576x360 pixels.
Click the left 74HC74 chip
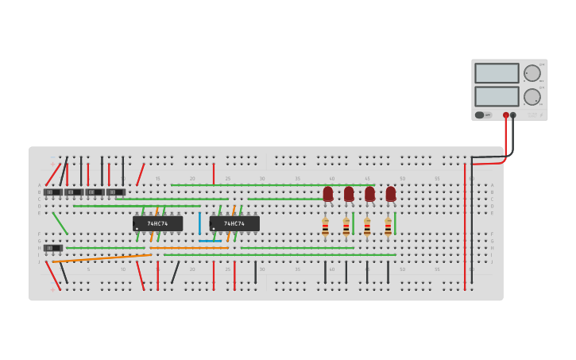tap(157, 223)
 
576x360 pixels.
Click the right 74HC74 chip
tap(234, 223)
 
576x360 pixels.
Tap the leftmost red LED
tap(327, 193)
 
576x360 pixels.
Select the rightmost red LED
tap(390, 193)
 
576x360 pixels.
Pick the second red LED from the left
tap(349, 193)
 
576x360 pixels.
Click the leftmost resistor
tap(325, 226)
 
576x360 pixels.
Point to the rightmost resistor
tap(388, 226)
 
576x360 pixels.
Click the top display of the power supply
tap(497, 73)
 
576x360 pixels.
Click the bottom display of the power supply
tap(497, 96)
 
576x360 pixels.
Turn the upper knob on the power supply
tap(532, 73)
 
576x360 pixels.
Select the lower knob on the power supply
tap(532, 97)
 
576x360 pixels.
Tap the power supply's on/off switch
tap(481, 115)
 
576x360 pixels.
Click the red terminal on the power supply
tap(505, 115)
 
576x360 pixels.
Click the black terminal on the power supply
tap(513, 115)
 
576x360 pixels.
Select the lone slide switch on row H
tap(52, 248)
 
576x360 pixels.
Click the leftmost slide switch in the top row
tap(52, 192)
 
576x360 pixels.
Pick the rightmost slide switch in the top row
tap(116, 192)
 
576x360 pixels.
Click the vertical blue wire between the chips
tap(199, 223)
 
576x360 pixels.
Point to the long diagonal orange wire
tap(102, 257)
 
